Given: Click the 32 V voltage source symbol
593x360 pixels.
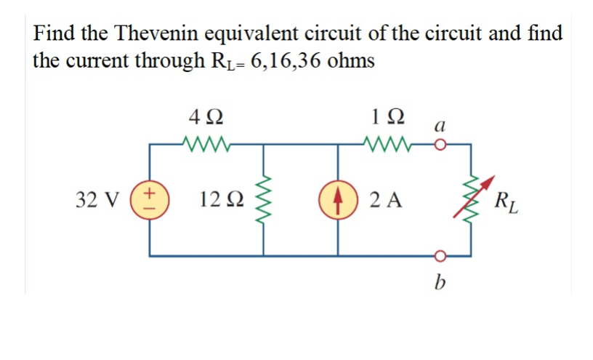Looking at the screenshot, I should [x=151, y=199].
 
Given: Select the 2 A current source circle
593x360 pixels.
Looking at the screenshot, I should [x=338, y=199].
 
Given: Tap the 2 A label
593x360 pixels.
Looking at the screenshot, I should [x=384, y=199].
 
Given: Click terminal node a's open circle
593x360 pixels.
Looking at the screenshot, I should [x=440, y=144].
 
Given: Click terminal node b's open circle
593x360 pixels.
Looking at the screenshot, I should [x=440, y=255].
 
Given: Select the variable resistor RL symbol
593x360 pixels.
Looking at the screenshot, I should [x=475, y=199].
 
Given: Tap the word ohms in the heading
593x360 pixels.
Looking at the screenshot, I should [x=351, y=60].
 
